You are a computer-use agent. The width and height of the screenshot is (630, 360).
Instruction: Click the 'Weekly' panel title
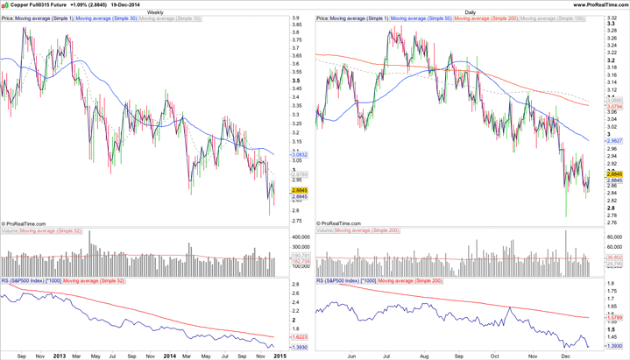pos(154,12)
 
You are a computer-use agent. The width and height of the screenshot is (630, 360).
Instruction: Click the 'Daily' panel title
pos(471,12)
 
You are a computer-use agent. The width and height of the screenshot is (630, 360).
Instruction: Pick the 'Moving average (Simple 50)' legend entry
pos(421,18)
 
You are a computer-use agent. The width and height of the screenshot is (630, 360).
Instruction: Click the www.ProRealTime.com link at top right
pos(601,4)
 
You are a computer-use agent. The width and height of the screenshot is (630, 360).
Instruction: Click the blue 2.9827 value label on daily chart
pos(614,140)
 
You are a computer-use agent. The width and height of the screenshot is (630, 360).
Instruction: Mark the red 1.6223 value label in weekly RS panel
pos(299,337)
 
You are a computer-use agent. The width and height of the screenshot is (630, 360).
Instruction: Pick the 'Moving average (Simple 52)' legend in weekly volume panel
pos(50,231)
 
